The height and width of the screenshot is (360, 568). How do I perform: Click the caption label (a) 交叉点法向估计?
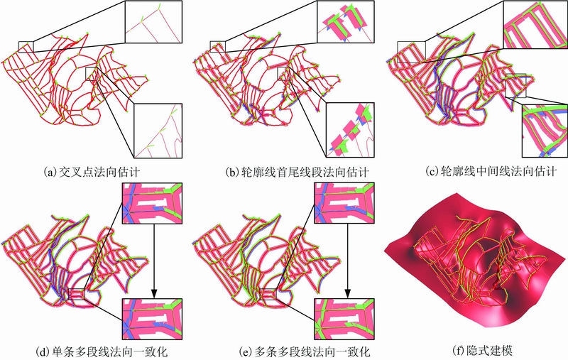coord(92,171)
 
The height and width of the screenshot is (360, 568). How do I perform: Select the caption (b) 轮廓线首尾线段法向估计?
coord(297,171)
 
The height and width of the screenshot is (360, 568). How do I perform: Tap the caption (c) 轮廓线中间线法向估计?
coord(491,171)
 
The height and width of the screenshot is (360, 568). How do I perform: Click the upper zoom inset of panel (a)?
coord(153,22)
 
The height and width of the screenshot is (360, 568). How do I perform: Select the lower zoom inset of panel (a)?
coord(158,131)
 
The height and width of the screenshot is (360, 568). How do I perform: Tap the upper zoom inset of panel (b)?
coord(346,22)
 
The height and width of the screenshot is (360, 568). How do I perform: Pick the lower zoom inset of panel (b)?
coord(350,130)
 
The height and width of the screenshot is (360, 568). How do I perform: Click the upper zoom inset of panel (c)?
coord(535,25)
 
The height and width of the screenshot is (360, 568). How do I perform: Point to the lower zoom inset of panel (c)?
coord(545,131)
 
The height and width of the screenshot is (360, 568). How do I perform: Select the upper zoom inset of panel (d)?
coord(152,203)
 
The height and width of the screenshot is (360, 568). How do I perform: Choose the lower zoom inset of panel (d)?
coord(152,319)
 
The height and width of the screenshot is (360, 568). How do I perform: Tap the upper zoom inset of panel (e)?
coord(344,203)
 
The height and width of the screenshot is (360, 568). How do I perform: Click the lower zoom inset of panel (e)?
coord(344,319)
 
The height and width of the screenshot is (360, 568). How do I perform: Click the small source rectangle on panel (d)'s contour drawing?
coord(76,294)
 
